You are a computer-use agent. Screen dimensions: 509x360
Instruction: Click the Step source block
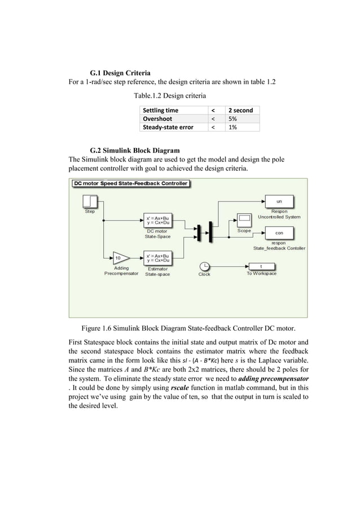(x=90, y=202)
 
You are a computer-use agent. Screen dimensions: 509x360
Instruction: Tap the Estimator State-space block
(x=157, y=258)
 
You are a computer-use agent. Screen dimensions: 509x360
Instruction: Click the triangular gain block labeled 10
(x=120, y=258)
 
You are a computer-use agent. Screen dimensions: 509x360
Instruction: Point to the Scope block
(x=244, y=220)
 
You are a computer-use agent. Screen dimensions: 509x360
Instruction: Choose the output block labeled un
(x=279, y=201)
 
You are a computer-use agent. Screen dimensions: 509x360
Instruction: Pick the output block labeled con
(x=279, y=232)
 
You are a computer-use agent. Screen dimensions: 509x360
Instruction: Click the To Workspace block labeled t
(x=261, y=266)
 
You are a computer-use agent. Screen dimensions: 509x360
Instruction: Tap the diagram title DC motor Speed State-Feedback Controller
(x=130, y=183)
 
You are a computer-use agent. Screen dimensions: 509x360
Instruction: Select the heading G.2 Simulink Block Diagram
(x=135, y=150)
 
